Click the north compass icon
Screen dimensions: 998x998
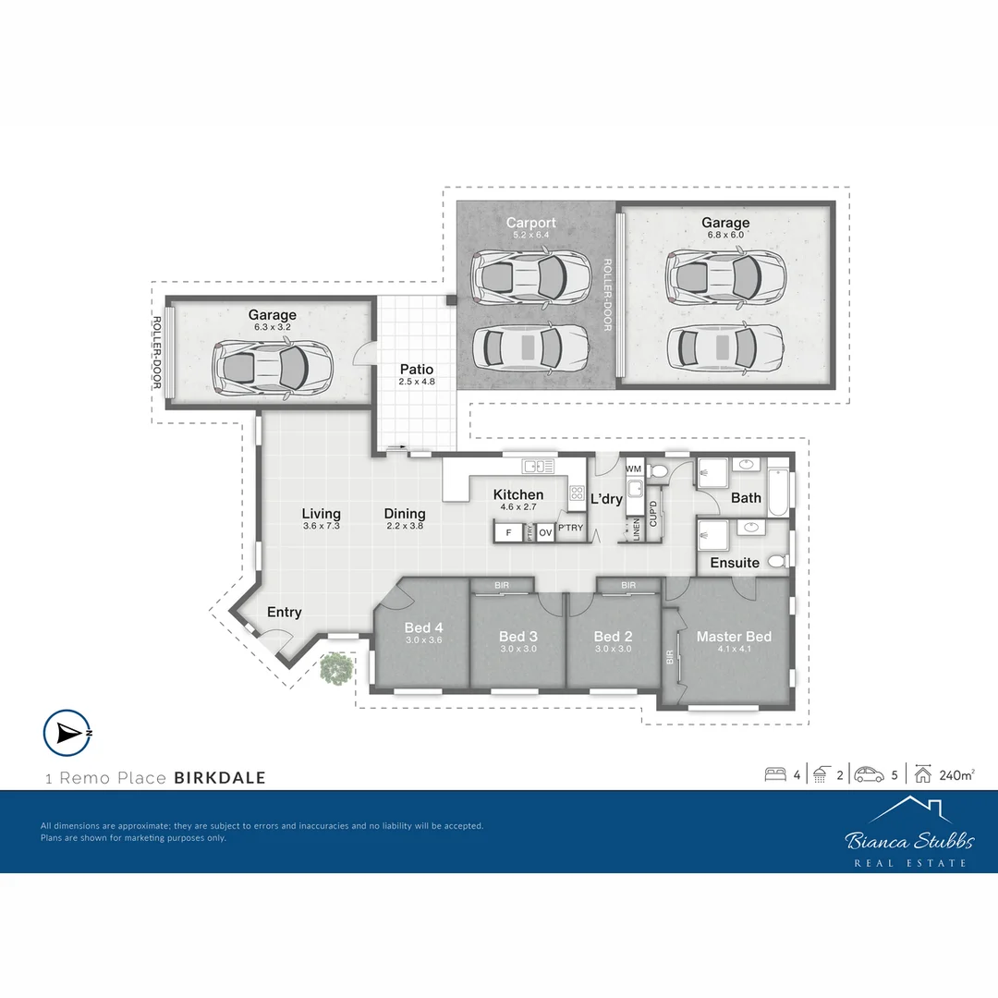click(67, 733)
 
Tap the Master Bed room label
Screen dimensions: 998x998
click(734, 637)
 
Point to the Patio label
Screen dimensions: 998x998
click(416, 370)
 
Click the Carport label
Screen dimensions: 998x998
click(531, 223)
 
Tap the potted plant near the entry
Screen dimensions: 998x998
click(335, 668)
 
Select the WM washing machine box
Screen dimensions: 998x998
click(634, 469)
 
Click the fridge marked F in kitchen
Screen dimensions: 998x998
click(507, 533)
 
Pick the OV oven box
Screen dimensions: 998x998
click(545, 533)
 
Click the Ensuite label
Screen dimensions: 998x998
click(735, 563)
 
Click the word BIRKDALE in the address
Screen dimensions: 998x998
click(220, 778)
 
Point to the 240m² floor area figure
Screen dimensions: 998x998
click(957, 774)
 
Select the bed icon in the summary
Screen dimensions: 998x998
click(775, 774)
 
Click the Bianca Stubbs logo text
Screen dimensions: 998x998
click(909, 841)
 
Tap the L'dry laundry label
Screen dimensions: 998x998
click(606, 499)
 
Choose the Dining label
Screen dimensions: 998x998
click(405, 514)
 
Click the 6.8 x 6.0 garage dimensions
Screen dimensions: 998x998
click(725, 235)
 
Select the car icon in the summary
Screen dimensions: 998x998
click(869, 774)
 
